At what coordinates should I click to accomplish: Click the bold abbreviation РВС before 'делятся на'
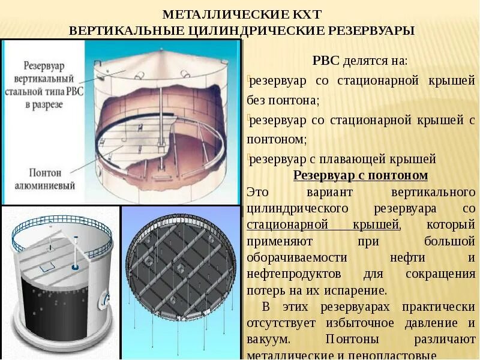coord(326,61)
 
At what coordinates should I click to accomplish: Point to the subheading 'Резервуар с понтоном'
coord(360,175)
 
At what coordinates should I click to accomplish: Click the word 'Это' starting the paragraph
coord(256,192)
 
